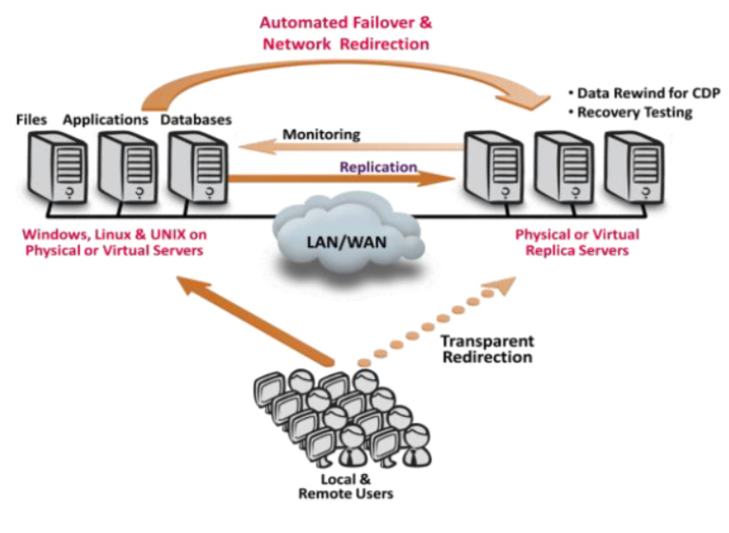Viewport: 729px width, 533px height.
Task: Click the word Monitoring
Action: pos(321,134)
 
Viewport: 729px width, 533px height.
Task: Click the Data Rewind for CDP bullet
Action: pos(643,93)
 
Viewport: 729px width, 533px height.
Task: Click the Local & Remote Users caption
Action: pos(345,486)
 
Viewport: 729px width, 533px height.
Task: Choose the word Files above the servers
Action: pos(31,120)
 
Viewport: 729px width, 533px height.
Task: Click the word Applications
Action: pos(106,120)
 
